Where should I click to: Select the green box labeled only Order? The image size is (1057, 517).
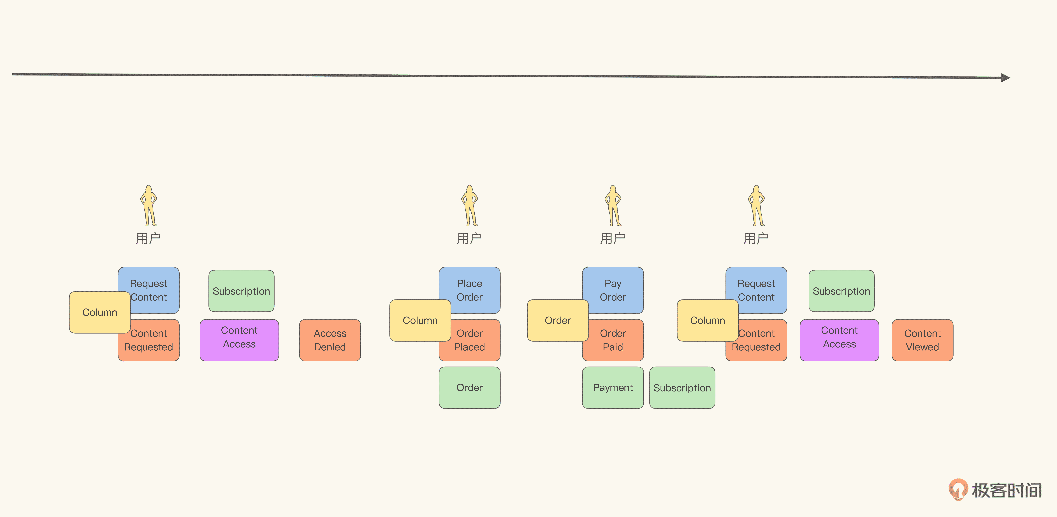pyautogui.click(x=469, y=387)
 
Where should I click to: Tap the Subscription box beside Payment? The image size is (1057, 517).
pyautogui.click(x=682, y=387)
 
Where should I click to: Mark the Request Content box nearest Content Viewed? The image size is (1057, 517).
pyautogui.click(x=761, y=287)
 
